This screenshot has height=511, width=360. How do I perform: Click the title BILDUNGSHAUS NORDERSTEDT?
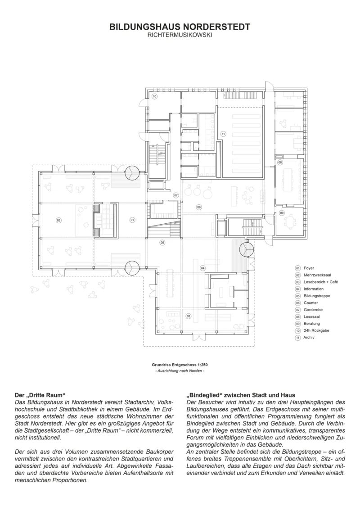pyautogui.click(x=180, y=27)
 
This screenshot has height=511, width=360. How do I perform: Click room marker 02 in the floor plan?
pyautogui.click(x=58, y=220)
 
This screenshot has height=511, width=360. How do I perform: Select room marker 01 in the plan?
pyautogui.click(x=132, y=220)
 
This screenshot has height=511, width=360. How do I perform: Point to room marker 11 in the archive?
pyautogui.click(x=223, y=134)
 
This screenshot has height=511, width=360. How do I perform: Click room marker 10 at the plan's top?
pyautogui.click(x=154, y=96)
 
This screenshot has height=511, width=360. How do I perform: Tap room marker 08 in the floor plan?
pyautogui.click(x=279, y=162)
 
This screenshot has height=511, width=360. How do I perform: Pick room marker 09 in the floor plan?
pyautogui.click(x=282, y=213)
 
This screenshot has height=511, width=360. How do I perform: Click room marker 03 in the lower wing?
pyautogui.click(x=189, y=316)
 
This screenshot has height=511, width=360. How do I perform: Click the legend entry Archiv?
pyautogui.click(x=309, y=337)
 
